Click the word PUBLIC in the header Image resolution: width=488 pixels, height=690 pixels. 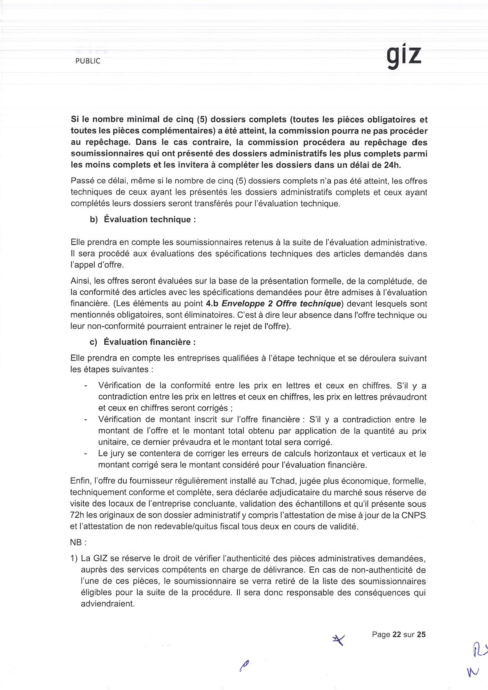tap(88, 61)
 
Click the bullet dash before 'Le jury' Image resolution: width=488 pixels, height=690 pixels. tap(86, 454)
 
